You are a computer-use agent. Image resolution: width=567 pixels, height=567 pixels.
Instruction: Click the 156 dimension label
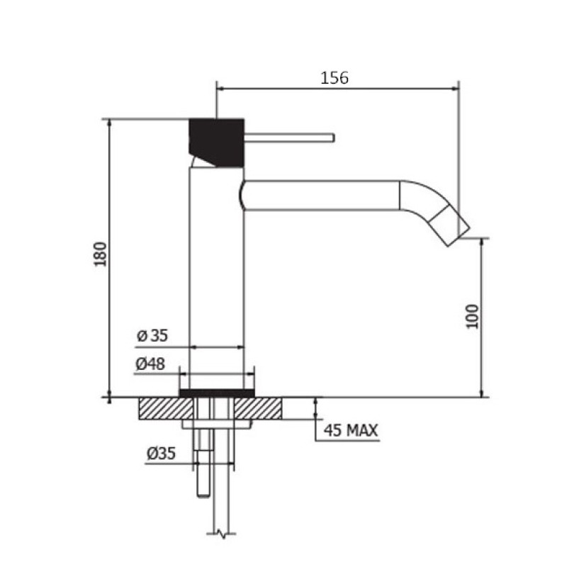click(x=335, y=78)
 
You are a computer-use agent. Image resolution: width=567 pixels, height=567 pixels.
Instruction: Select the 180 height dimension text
click(x=101, y=254)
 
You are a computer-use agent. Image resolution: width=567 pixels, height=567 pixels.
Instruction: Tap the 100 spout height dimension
click(x=472, y=316)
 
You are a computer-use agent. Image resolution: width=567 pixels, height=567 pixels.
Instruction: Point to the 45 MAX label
click(x=350, y=430)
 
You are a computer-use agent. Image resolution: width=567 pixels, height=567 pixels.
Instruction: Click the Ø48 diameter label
click(x=150, y=364)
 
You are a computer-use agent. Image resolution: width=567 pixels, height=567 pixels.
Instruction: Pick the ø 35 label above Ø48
click(x=152, y=335)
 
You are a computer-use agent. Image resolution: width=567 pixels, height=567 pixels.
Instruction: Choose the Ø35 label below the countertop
click(x=162, y=453)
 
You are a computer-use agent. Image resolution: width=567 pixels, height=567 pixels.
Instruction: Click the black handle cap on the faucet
click(x=217, y=142)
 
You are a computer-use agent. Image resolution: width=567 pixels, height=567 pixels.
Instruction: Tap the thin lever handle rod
click(x=289, y=137)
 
